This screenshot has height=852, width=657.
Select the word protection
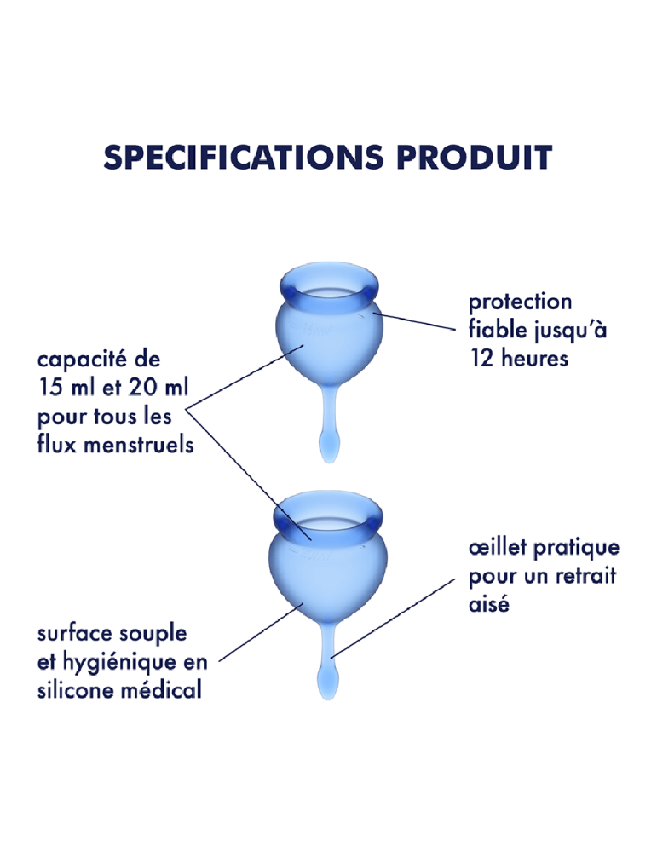521,303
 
